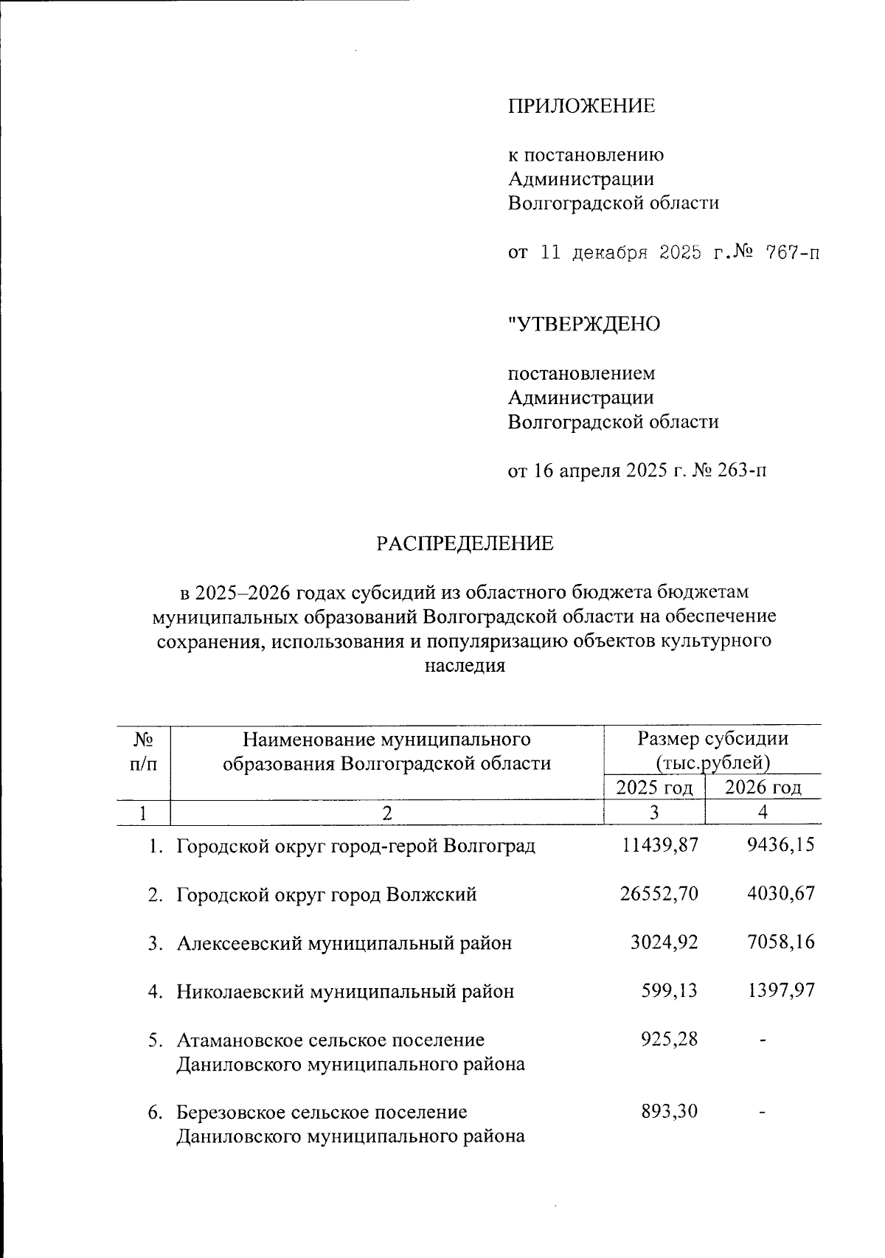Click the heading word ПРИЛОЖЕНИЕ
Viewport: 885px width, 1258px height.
(581, 106)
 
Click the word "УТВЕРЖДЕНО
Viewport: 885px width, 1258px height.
(584, 324)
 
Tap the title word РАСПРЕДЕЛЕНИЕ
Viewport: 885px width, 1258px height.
(465, 544)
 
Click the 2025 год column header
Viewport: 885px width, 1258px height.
(654, 788)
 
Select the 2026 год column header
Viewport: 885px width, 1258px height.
(763, 788)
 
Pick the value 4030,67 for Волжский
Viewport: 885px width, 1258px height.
(780, 894)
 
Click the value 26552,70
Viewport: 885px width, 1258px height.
(659, 894)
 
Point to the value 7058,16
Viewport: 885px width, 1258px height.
(780, 942)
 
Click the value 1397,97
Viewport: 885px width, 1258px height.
(780, 991)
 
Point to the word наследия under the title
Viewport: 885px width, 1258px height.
(465, 666)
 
